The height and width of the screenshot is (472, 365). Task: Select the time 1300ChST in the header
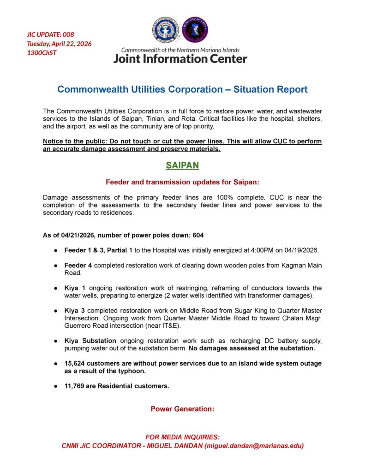point(42,52)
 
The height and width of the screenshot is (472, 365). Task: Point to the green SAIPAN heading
point(182,165)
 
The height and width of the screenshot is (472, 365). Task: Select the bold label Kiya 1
point(74,288)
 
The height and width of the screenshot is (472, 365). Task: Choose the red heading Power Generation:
point(182,408)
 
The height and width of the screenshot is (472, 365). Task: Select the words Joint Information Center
point(180,59)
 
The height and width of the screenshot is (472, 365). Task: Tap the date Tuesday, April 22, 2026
point(59,43)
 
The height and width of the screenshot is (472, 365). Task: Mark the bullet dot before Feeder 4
point(55,265)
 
